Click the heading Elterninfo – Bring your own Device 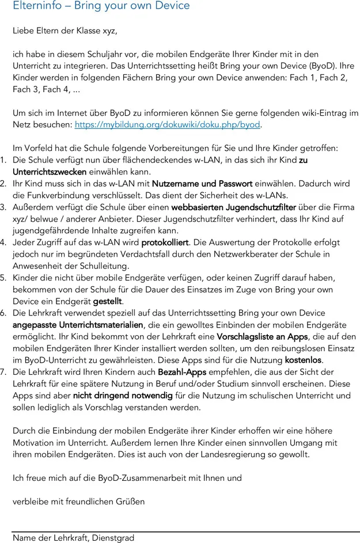click(101, 6)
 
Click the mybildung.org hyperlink click(168, 124)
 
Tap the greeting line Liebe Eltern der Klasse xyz click(69, 31)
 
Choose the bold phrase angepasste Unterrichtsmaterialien click(78, 325)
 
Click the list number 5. click(3, 278)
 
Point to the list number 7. click(3, 372)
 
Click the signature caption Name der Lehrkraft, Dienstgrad click(73, 538)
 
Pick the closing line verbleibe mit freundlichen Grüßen click(78, 501)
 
